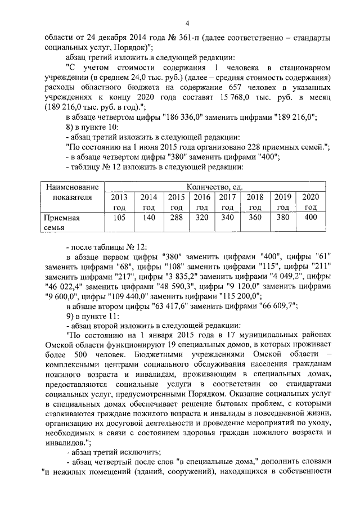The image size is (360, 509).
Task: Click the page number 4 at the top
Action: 187,22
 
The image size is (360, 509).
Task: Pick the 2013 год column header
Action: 119,202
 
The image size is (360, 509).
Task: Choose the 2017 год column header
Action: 227,202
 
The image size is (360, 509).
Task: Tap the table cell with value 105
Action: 119,218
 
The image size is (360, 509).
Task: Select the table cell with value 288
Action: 177,218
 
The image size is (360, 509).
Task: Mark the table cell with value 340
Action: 227,218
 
